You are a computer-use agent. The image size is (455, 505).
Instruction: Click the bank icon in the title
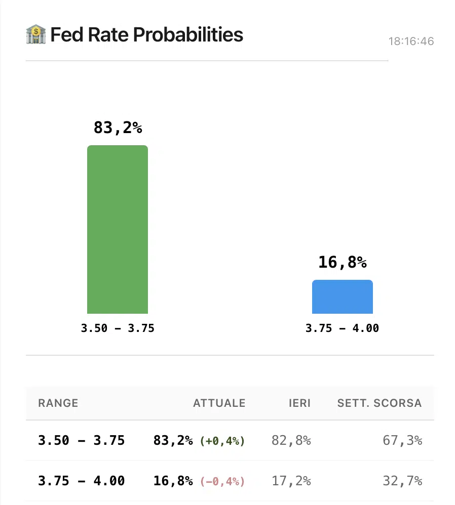coord(35,35)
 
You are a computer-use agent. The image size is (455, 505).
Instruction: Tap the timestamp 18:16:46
coord(411,41)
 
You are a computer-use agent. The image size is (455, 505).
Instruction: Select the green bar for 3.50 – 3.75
coord(118,230)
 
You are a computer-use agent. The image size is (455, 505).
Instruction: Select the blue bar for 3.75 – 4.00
coord(342,297)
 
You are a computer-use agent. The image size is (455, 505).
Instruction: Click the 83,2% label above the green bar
coord(118,128)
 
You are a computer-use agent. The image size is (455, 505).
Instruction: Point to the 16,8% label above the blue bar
coord(342,263)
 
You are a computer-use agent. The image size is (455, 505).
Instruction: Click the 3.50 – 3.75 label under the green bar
coord(118,328)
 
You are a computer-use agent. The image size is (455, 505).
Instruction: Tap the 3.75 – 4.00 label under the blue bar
coord(342,328)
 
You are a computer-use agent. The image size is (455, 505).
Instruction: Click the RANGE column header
coord(58,403)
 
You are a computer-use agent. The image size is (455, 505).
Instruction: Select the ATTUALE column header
coord(219,403)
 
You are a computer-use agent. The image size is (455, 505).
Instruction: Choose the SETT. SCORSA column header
coord(379,403)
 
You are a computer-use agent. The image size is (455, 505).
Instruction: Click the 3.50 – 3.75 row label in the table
coord(81,441)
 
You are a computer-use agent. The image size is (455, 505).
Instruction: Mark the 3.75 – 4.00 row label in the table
coord(81,481)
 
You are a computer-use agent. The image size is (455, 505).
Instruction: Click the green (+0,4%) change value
coord(222,441)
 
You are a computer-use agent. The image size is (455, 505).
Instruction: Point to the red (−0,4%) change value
coord(222,481)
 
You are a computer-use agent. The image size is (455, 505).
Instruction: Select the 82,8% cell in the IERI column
coord(291,441)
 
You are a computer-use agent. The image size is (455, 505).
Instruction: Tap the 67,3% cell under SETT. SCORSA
coord(402,441)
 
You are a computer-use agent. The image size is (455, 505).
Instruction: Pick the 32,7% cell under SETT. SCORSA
coord(402,481)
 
